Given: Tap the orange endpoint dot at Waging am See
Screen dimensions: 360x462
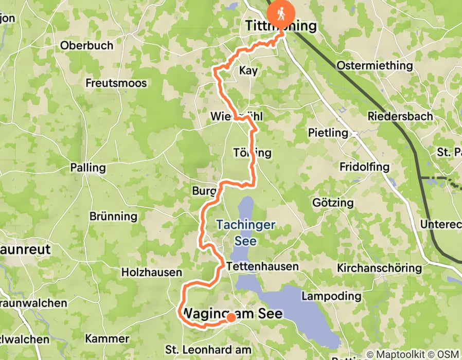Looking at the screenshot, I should click(x=231, y=318).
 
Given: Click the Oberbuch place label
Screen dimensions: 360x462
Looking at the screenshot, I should click(x=86, y=45).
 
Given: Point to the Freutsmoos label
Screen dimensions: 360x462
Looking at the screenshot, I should click(x=116, y=83).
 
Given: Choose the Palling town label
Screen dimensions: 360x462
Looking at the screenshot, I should click(x=88, y=168).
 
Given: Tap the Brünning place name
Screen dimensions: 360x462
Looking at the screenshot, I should click(x=113, y=217).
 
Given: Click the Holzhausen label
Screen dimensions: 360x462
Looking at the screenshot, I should click(x=152, y=272).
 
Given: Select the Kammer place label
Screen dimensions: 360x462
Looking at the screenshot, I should click(x=107, y=338).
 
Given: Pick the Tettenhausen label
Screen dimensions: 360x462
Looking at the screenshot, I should click(x=262, y=266).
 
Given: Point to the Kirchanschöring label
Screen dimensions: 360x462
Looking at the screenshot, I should click(x=380, y=268).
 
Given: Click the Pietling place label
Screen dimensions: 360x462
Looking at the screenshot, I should click(x=328, y=133).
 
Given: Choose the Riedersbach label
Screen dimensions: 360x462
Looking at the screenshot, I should click(x=400, y=116).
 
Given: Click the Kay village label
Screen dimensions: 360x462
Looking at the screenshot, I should click(x=248, y=70).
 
